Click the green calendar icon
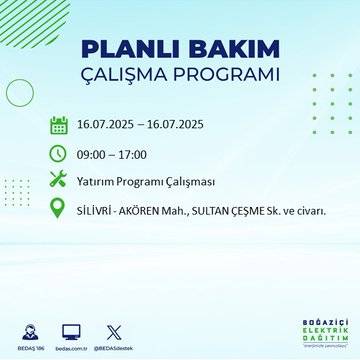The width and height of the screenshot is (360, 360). click(x=58, y=126)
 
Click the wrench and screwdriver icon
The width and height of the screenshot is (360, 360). click(x=58, y=180)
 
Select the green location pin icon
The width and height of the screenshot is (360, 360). click(x=58, y=209)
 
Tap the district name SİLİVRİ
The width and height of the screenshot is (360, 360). click(x=99, y=210)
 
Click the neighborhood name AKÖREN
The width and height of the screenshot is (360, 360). click(x=153, y=210)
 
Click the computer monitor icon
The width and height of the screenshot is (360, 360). click(x=71, y=331)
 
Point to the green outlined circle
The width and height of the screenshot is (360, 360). click(x=20, y=92)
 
